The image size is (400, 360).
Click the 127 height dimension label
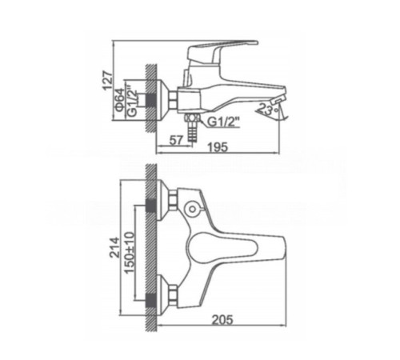109,81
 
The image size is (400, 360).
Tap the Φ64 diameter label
120,99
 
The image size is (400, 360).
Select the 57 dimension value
176,140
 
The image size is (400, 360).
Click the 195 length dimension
218,147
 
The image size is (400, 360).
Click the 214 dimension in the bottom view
115,247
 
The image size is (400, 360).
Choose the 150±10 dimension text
130,253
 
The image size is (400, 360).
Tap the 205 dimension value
222,320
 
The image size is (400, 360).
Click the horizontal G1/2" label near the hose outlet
222,122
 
